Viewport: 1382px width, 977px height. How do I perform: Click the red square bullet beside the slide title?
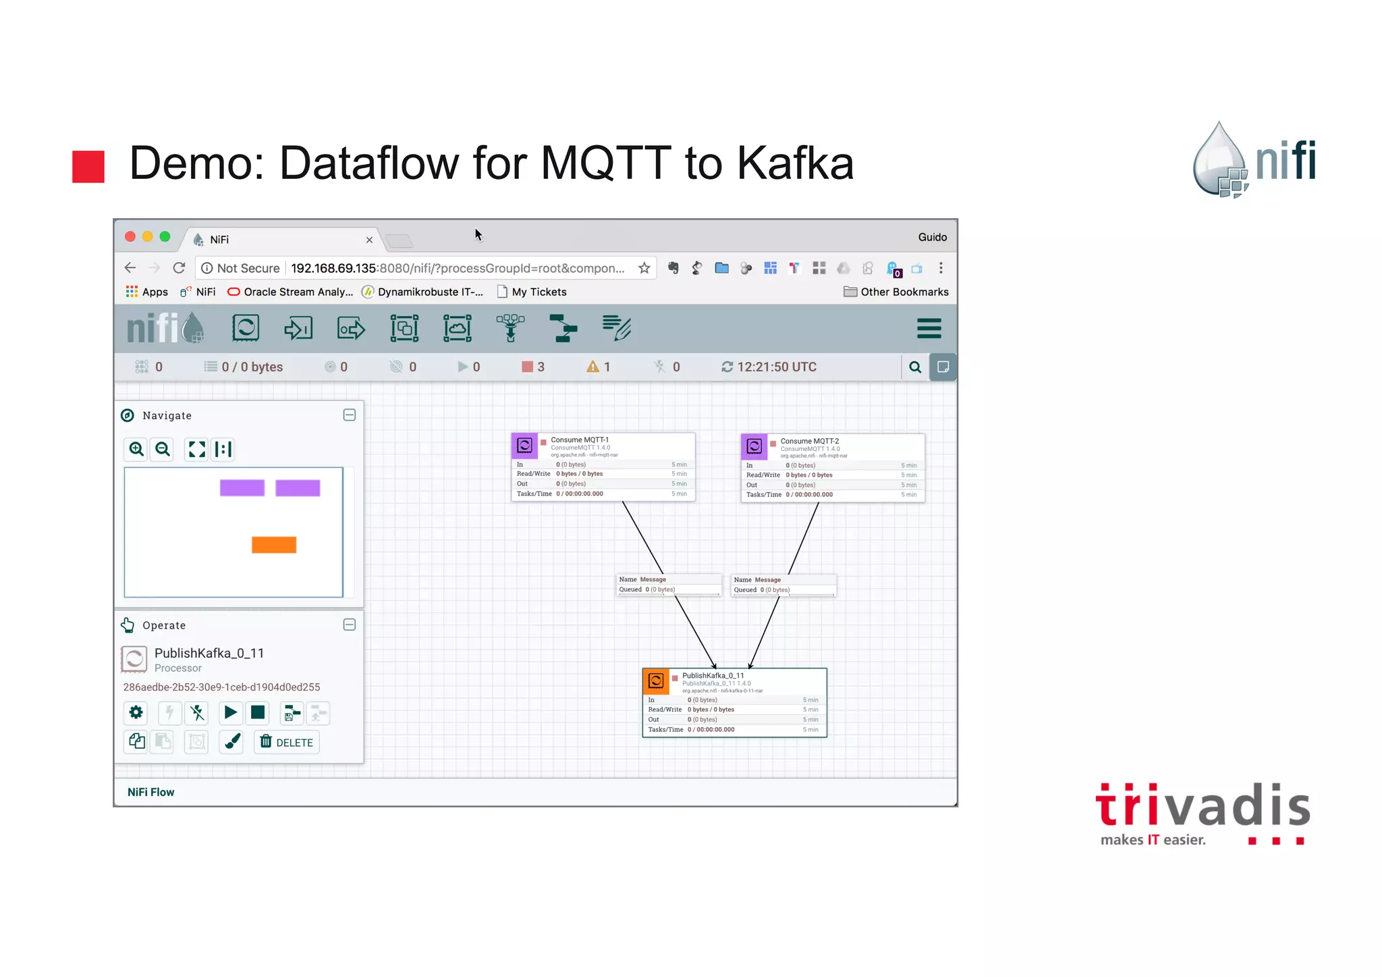pos(88,166)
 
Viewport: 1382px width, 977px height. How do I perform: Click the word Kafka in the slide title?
pos(795,163)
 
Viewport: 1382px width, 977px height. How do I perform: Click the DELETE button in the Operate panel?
pos(287,742)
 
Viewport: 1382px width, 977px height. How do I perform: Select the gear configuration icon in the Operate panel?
pos(136,712)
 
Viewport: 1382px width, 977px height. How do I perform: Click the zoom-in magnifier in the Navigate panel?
pos(136,449)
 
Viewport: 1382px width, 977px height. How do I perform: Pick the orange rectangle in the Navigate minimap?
pos(274,544)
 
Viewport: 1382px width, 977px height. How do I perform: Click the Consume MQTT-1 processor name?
pos(580,440)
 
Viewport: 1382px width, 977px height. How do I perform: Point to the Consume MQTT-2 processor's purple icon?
pos(754,446)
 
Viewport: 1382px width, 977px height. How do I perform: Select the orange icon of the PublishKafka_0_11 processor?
pos(656,681)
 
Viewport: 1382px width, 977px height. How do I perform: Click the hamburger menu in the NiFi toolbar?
pos(929,329)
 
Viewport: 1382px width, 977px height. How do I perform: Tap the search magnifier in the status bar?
pos(915,367)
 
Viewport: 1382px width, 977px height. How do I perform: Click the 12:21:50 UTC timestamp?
pos(776,367)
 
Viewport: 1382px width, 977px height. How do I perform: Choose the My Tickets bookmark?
pos(538,292)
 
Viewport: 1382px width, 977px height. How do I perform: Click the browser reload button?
pos(179,268)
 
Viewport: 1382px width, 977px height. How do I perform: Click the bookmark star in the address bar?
pos(644,268)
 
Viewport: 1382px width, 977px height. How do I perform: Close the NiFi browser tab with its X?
pos(369,240)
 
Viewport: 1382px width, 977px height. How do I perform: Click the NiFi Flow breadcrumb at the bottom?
pos(151,792)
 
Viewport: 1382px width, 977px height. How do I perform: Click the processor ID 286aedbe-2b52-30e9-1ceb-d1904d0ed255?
pos(221,687)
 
